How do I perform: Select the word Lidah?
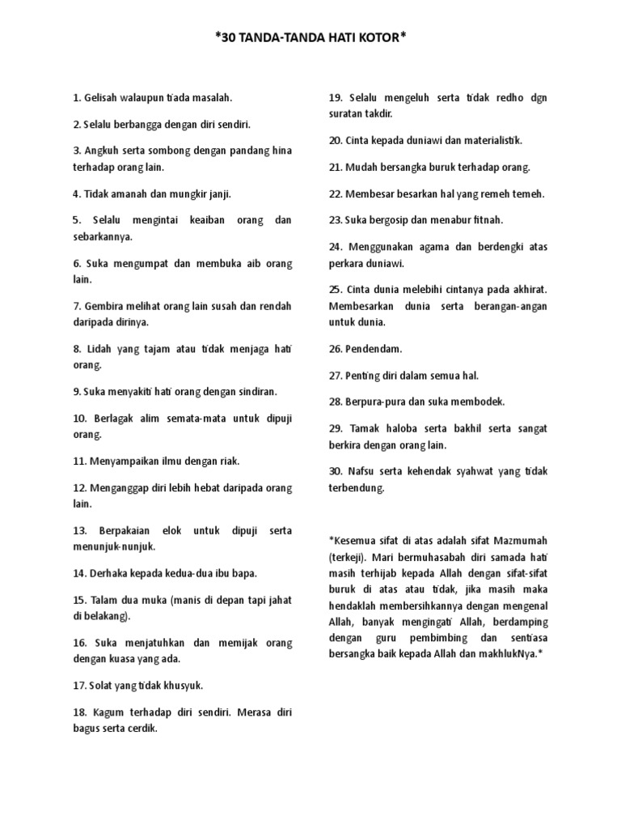pyautogui.click(x=101, y=350)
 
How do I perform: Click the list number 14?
pyautogui.click(x=78, y=573)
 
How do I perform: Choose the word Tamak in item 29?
pyautogui.click(x=367, y=428)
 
